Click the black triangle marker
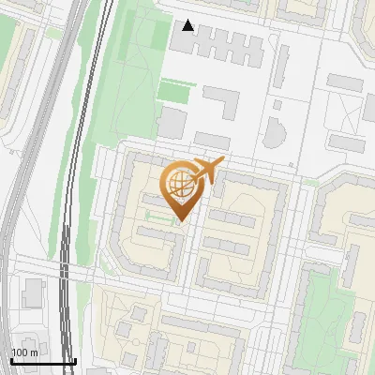coord(188,25)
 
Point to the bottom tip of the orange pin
coord(179,223)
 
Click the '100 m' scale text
coord(25,352)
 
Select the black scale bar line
coord(43,362)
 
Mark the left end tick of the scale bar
coord(11,361)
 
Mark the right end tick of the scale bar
coord(75,361)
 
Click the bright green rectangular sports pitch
coord(172,91)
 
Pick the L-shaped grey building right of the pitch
coord(222,101)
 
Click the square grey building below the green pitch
coord(171,122)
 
